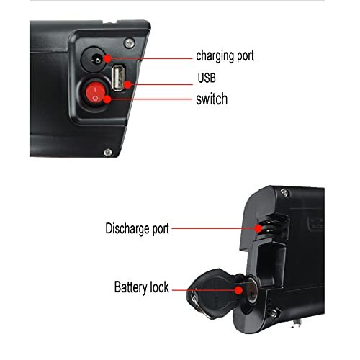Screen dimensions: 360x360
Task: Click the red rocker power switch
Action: [95, 94]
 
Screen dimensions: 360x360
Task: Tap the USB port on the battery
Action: [118, 78]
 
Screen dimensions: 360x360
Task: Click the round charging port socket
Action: [94, 59]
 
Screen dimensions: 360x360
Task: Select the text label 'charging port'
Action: [225, 56]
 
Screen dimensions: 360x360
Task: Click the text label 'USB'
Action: [207, 78]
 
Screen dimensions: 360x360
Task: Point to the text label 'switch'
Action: [212, 99]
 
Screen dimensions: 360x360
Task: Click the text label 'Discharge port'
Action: [137, 229]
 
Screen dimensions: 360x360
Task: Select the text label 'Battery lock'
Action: [142, 287]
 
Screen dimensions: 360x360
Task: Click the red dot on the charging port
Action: [108, 58]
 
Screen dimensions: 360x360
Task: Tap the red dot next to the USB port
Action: [128, 84]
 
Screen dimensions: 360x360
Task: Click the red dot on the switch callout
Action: [107, 99]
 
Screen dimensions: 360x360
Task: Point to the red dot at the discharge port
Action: [258, 228]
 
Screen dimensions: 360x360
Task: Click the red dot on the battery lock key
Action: [238, 290]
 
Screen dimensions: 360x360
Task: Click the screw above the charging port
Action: [129, 43]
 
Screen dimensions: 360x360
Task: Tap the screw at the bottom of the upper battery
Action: [108, 152]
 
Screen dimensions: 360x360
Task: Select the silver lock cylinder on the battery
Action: [251, 290]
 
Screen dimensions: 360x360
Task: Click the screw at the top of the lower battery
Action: [284, 192]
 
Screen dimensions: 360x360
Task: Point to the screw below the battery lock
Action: [274, 313]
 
